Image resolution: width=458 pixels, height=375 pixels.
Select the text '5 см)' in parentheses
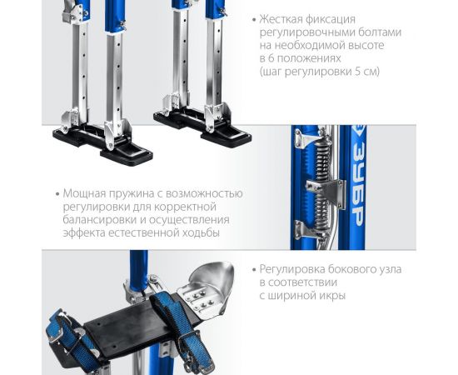362,72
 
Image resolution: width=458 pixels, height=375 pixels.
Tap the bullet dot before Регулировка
254,270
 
